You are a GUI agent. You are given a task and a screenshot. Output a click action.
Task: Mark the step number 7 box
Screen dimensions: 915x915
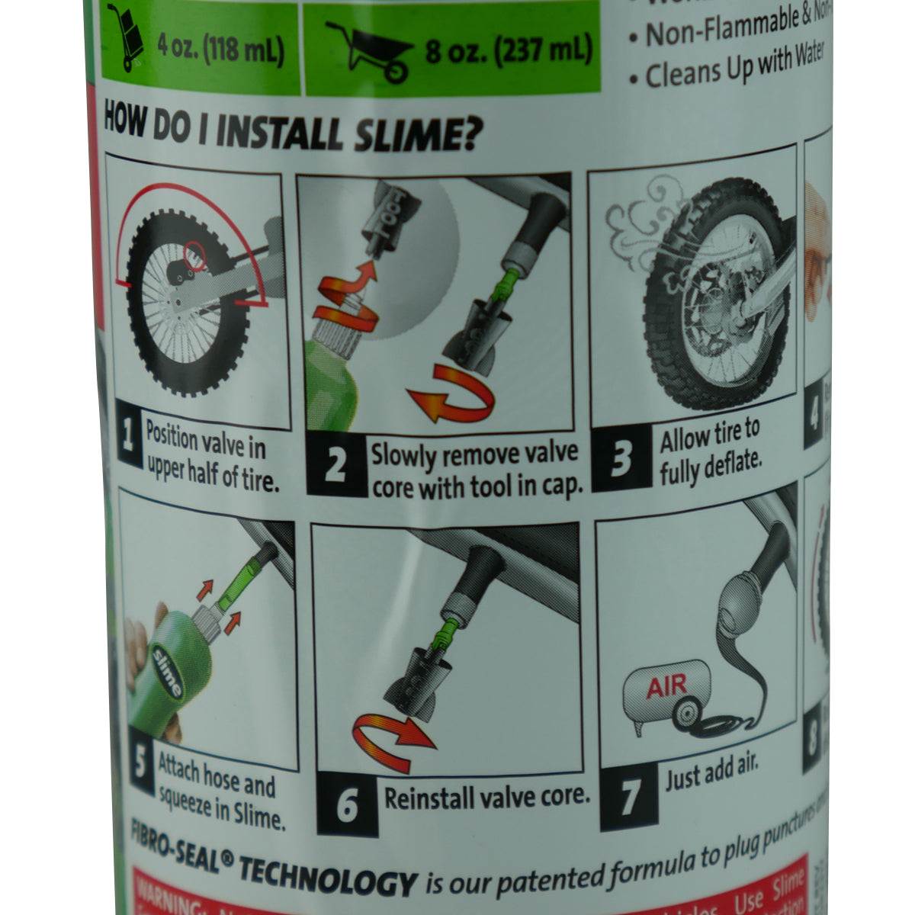tap(630, 798)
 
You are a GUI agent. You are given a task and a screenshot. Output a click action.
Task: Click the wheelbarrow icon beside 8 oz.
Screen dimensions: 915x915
tap(367, 50)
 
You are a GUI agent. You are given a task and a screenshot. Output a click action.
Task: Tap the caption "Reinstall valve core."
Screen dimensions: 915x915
tap(487, 798)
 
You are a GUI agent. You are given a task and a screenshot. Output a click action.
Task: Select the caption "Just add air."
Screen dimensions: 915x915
tap(712, 775)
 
